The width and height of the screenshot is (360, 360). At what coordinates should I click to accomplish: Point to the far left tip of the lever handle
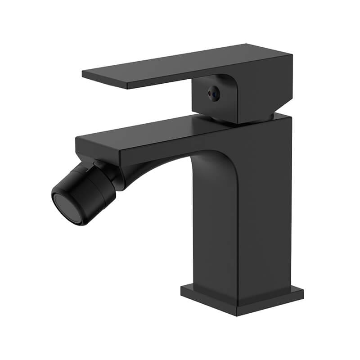pyautogui.click(x=83, y=72)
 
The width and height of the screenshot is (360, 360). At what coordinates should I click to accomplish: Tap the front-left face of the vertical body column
pyautogui.click(x=216, y=225)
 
